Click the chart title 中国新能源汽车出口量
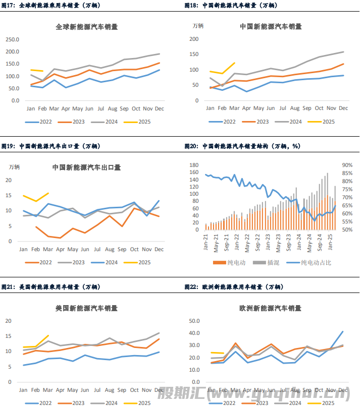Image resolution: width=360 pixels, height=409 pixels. [x=86, y=167]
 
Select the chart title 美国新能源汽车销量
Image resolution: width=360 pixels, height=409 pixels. [x=87, y=308]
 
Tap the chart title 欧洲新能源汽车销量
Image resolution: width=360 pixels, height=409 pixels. [x=270, y=308]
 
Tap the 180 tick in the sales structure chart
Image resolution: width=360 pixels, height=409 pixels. [x=193, y=165]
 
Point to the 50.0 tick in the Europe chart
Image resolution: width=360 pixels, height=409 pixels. [x=194, y=321]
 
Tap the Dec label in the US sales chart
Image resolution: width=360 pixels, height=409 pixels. [x=159, y=390]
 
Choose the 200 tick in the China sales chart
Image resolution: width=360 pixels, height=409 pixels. [x=193, y=39]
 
